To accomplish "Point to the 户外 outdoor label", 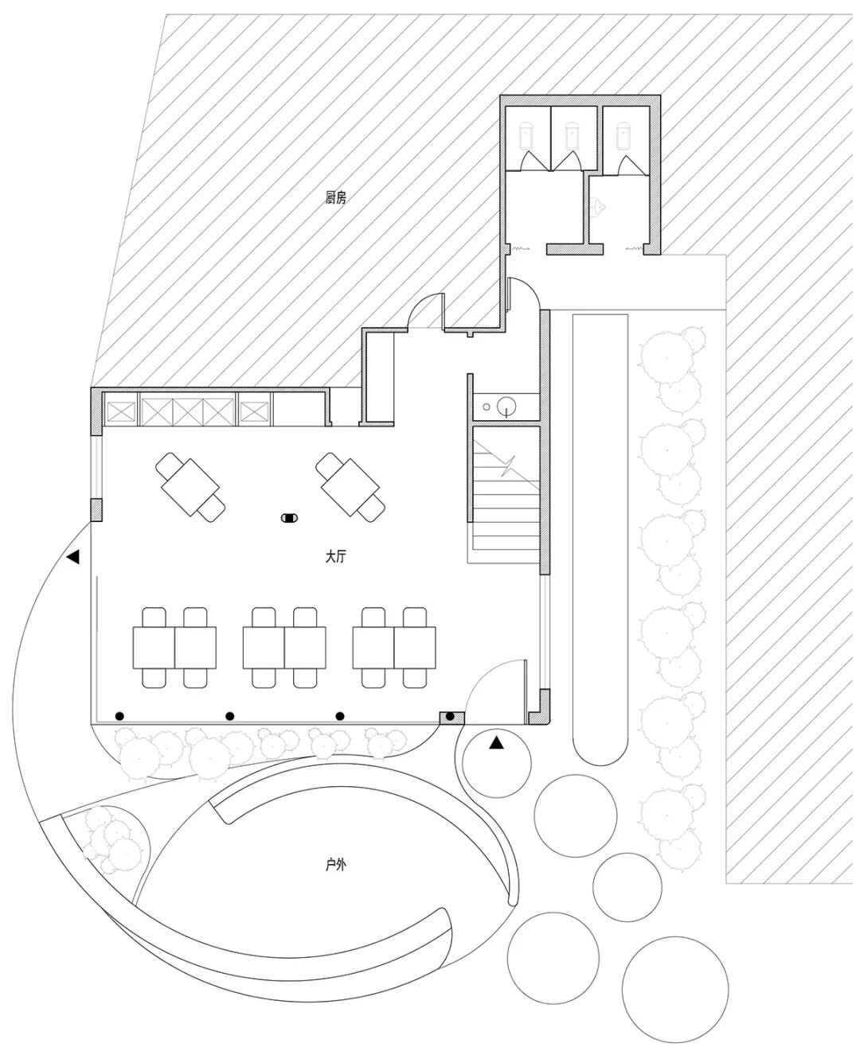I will tap(335, 864).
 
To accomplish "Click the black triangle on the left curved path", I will tap(73, 558).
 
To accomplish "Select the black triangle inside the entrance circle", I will tap(496, 743).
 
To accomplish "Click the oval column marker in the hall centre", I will tap(290, 519).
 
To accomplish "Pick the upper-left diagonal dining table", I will tap(190, 487).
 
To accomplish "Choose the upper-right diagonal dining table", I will tap(351, 487).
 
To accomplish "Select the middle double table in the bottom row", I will tap(284, 647).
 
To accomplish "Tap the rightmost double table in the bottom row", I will tap(394, 647).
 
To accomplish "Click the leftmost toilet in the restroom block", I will tap(527, 134).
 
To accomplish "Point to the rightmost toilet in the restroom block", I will tap(623, 135).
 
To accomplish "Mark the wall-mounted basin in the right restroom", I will tap(600, 208).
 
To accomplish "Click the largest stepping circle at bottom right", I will tap(675, 983).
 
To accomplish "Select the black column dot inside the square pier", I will tap(451, 717).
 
